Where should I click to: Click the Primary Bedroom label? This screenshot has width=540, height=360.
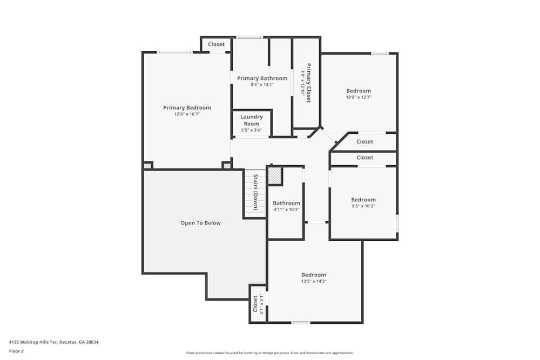(x=187, y=108)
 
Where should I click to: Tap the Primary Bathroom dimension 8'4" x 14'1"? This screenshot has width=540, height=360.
(x=262, y=85)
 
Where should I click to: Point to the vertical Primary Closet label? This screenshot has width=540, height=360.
(x=309, y=83)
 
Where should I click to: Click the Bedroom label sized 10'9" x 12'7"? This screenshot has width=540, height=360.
(x=359, y=91)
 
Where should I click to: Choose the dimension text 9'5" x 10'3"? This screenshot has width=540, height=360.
(x=363, y=206)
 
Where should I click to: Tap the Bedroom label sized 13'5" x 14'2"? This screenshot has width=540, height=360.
(x=314, y=275)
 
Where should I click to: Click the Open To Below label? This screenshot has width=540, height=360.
(x=200, y=223)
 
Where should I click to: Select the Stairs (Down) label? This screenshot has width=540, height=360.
(x=255, y=192)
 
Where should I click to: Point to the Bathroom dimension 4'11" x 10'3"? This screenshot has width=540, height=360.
(x=286, y=209)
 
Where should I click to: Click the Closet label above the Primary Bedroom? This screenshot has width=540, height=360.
(x=216, y=44)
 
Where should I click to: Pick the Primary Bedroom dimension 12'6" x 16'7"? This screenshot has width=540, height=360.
(x=187, y=114)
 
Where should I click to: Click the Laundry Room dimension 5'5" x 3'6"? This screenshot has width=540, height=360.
(x=251, y=130)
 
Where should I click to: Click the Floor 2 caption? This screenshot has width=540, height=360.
(x=16, y=351)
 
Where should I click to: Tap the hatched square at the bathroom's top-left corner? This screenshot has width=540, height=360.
(x=275, y=175)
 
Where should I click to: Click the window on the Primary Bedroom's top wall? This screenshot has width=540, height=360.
(x=174, y=52)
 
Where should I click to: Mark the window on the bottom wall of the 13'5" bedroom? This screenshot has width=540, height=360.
(x=301, y=323)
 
